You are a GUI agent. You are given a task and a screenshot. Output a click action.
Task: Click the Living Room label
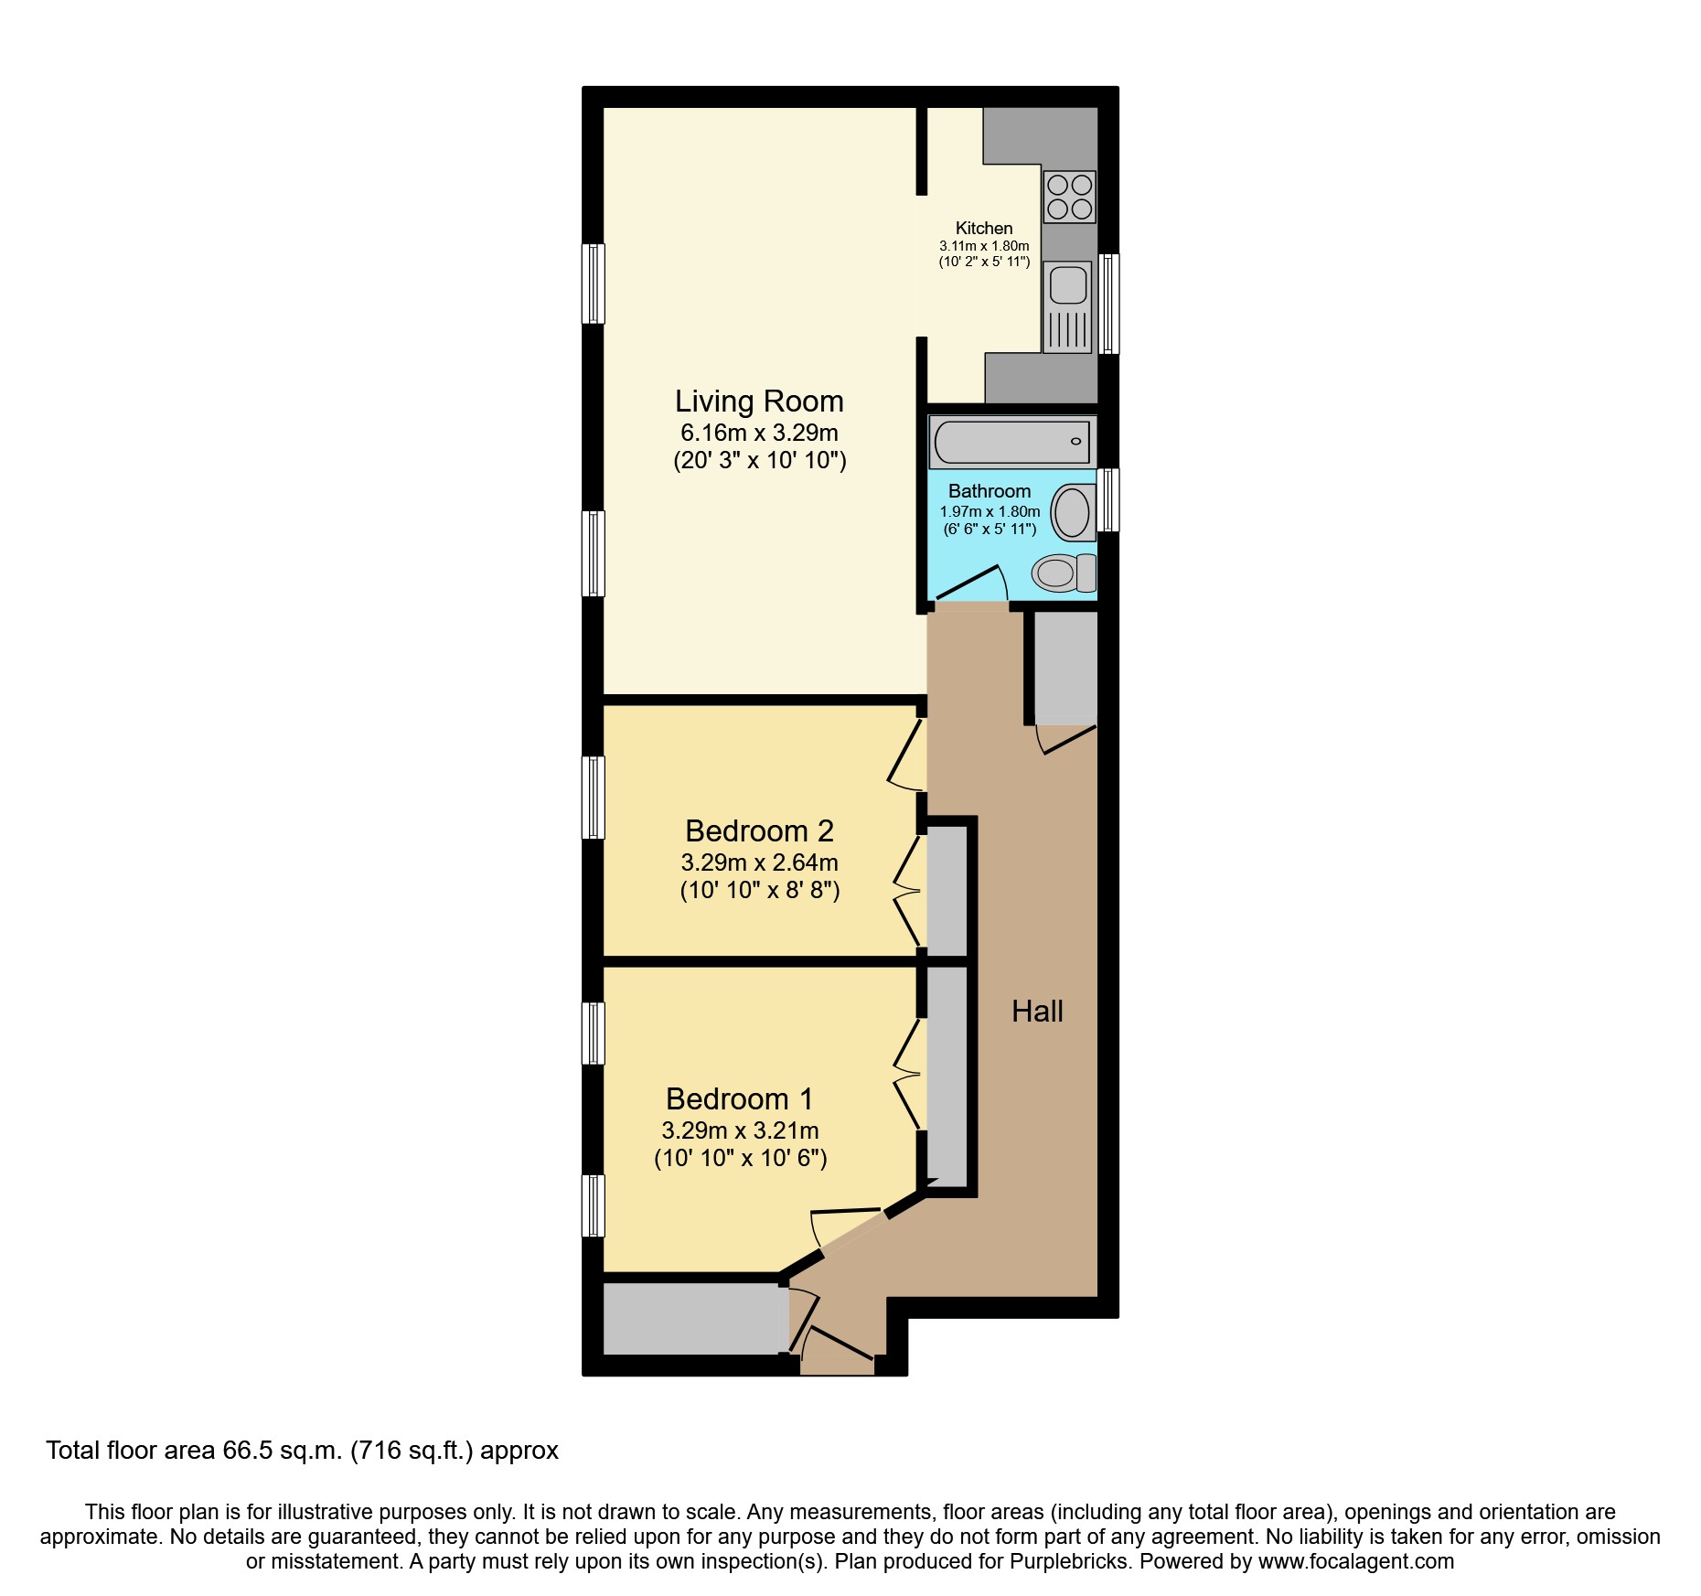click(x=759, y=402)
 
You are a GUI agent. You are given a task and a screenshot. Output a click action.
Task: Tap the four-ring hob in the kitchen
click(x=1069, y=197)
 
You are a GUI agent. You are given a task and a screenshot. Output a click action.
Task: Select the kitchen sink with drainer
click(x=1068, y=307)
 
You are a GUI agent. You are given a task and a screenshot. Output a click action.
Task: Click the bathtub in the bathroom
click(x=1011, y=442)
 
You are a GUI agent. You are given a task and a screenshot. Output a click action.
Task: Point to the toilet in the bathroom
click(x=1064, y=573)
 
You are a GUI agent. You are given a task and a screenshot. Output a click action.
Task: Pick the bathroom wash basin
click(x=1073, y=512)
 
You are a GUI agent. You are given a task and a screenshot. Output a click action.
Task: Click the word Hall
click(x=1037, y=1011)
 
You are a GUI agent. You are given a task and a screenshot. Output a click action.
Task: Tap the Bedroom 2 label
click(x=759, y=830)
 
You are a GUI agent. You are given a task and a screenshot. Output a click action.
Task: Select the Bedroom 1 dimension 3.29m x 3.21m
click(x=740, y=1130)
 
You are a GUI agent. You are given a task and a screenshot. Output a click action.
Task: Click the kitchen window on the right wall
click(x=1108, y=304)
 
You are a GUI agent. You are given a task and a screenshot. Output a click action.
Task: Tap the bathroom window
click(x=1107, y=499)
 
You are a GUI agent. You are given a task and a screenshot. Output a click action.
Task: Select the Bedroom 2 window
click(x=594, y=797)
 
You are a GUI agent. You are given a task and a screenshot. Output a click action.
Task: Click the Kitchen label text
click(x=984, y=229)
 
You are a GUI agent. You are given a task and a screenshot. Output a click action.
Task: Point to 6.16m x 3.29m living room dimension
click(x=759, y=433)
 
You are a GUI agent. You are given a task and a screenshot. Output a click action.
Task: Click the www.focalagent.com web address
click(x=1355, y=1561)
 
